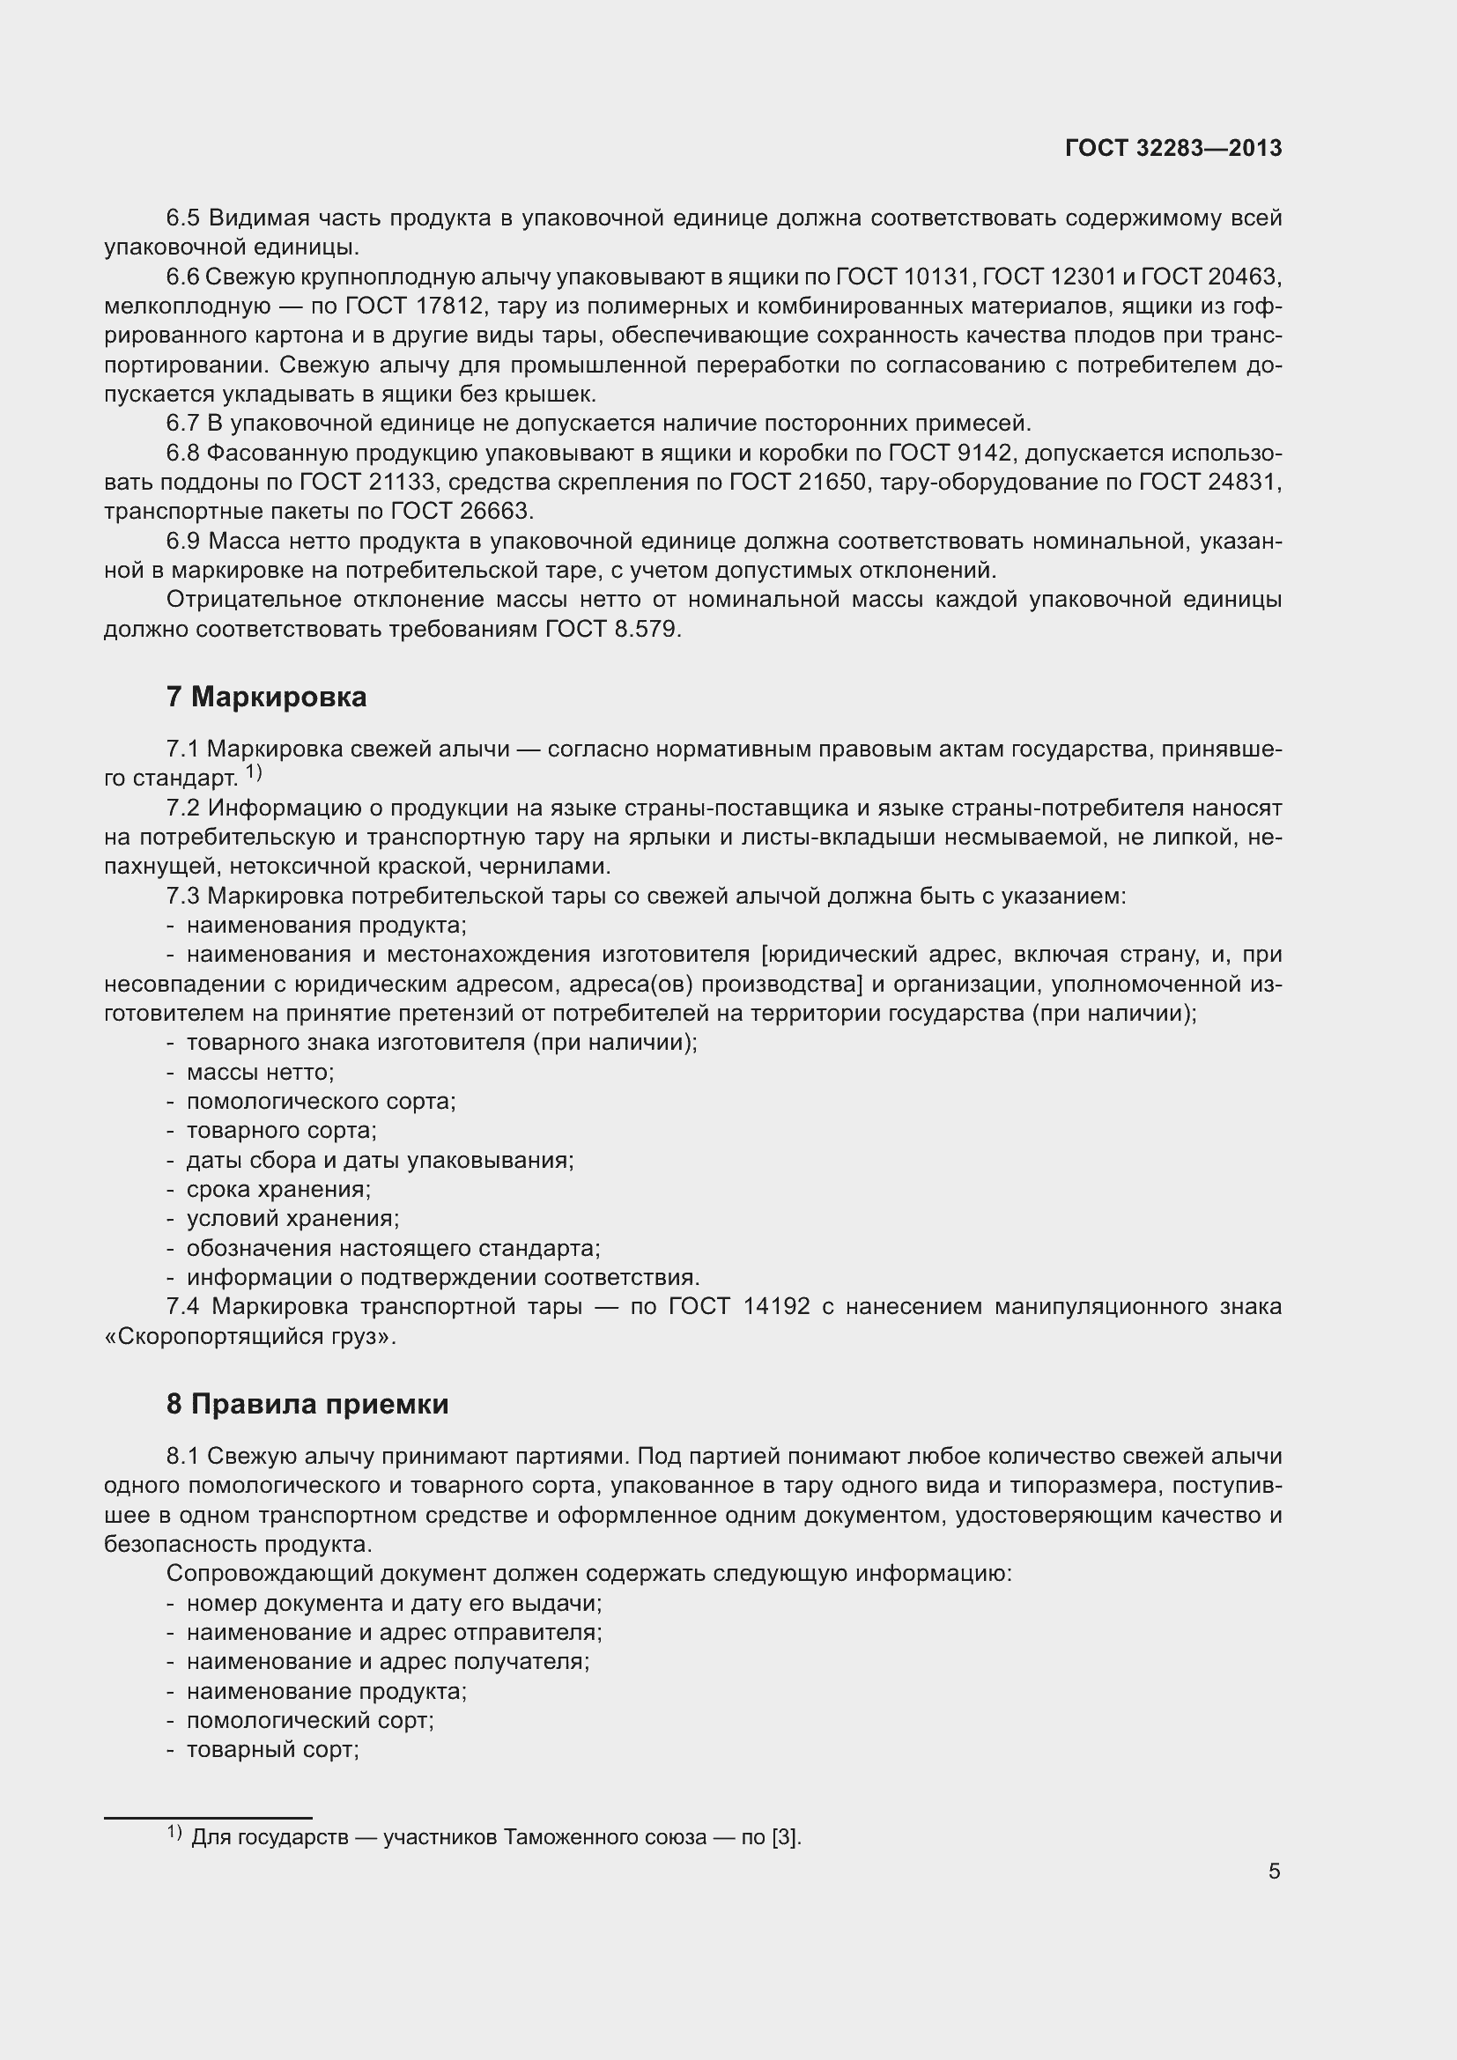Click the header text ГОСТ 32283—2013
[1172, 148]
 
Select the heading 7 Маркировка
[266, 698]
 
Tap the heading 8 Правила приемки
[307, 1404]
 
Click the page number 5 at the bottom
[1274, 1871]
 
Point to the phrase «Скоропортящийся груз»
[249, 1337]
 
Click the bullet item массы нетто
[259, 1072]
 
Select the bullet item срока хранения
[278, 1190]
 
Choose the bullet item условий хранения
[292, 1218]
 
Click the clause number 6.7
[182, 424]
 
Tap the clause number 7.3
[182, 897]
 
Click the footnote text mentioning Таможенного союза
[496, 1837]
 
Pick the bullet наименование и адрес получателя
[388, 1661]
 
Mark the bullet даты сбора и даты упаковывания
[380, 1160]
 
